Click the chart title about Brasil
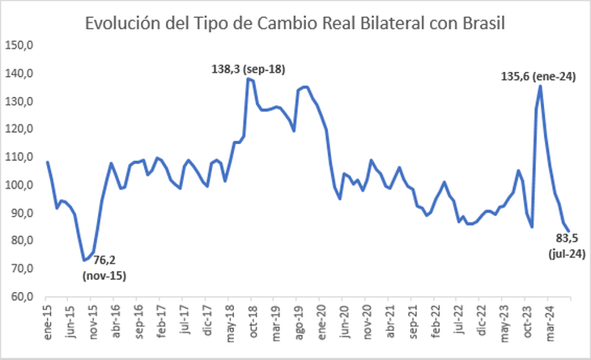click(295, 23)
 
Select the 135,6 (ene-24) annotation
click(538, 77)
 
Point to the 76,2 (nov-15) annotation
click(104, 269)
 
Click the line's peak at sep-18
click(249, 78)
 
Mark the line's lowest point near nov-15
click(83, 260)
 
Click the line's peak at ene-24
click(540, 87)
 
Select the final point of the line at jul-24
click(568, 231)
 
